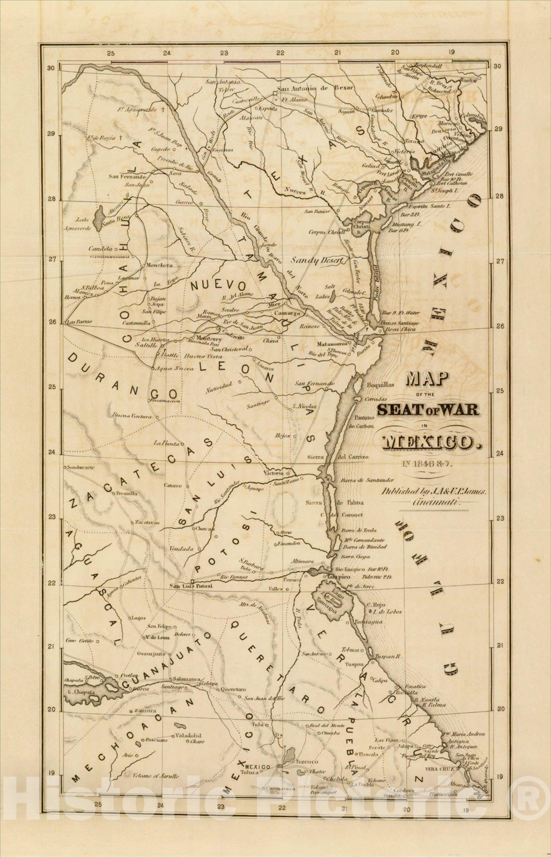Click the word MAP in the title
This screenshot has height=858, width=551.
click(x=427, y=380)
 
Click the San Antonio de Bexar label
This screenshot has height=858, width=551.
click(x=315, y=88)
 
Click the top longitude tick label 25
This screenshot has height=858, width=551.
click(x=111, y=53)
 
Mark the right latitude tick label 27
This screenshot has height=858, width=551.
click(x=498, y=262)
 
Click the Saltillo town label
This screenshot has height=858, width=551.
click(x=146, y=345)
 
